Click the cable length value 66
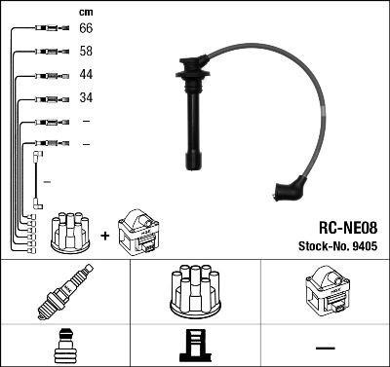(85, 29)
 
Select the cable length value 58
(85, 52)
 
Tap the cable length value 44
(85, 75)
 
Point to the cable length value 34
(85, 98)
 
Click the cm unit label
(85, 11)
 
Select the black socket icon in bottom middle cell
(195, 346)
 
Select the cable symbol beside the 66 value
(48, 29)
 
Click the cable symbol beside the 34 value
(48, 98)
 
